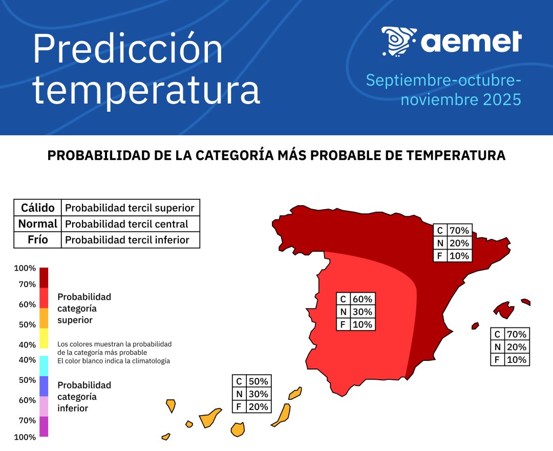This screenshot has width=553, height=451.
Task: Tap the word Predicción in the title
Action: click(128, 50)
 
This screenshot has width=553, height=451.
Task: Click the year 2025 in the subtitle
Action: click(502, 99)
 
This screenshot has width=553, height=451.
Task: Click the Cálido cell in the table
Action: click(37, 208)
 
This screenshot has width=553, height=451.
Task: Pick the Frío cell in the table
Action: click(37, 240)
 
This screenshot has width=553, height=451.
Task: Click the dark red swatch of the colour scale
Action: click(44, 278)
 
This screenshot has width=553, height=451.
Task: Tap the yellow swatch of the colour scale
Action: click(44, 338)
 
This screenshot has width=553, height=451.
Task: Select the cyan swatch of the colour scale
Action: click(44, 366)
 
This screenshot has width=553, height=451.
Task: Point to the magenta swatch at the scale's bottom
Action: click(44, 426)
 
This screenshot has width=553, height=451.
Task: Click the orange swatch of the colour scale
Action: click(44, 318)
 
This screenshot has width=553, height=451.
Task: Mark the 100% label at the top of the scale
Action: click(25, 268)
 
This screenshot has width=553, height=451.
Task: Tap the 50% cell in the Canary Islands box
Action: click(258, 381)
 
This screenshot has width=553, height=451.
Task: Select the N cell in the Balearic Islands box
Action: click(497, 347)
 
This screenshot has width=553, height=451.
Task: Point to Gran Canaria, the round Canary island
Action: click(238, 429)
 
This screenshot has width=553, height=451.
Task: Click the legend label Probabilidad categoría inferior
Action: click(84, 397)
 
